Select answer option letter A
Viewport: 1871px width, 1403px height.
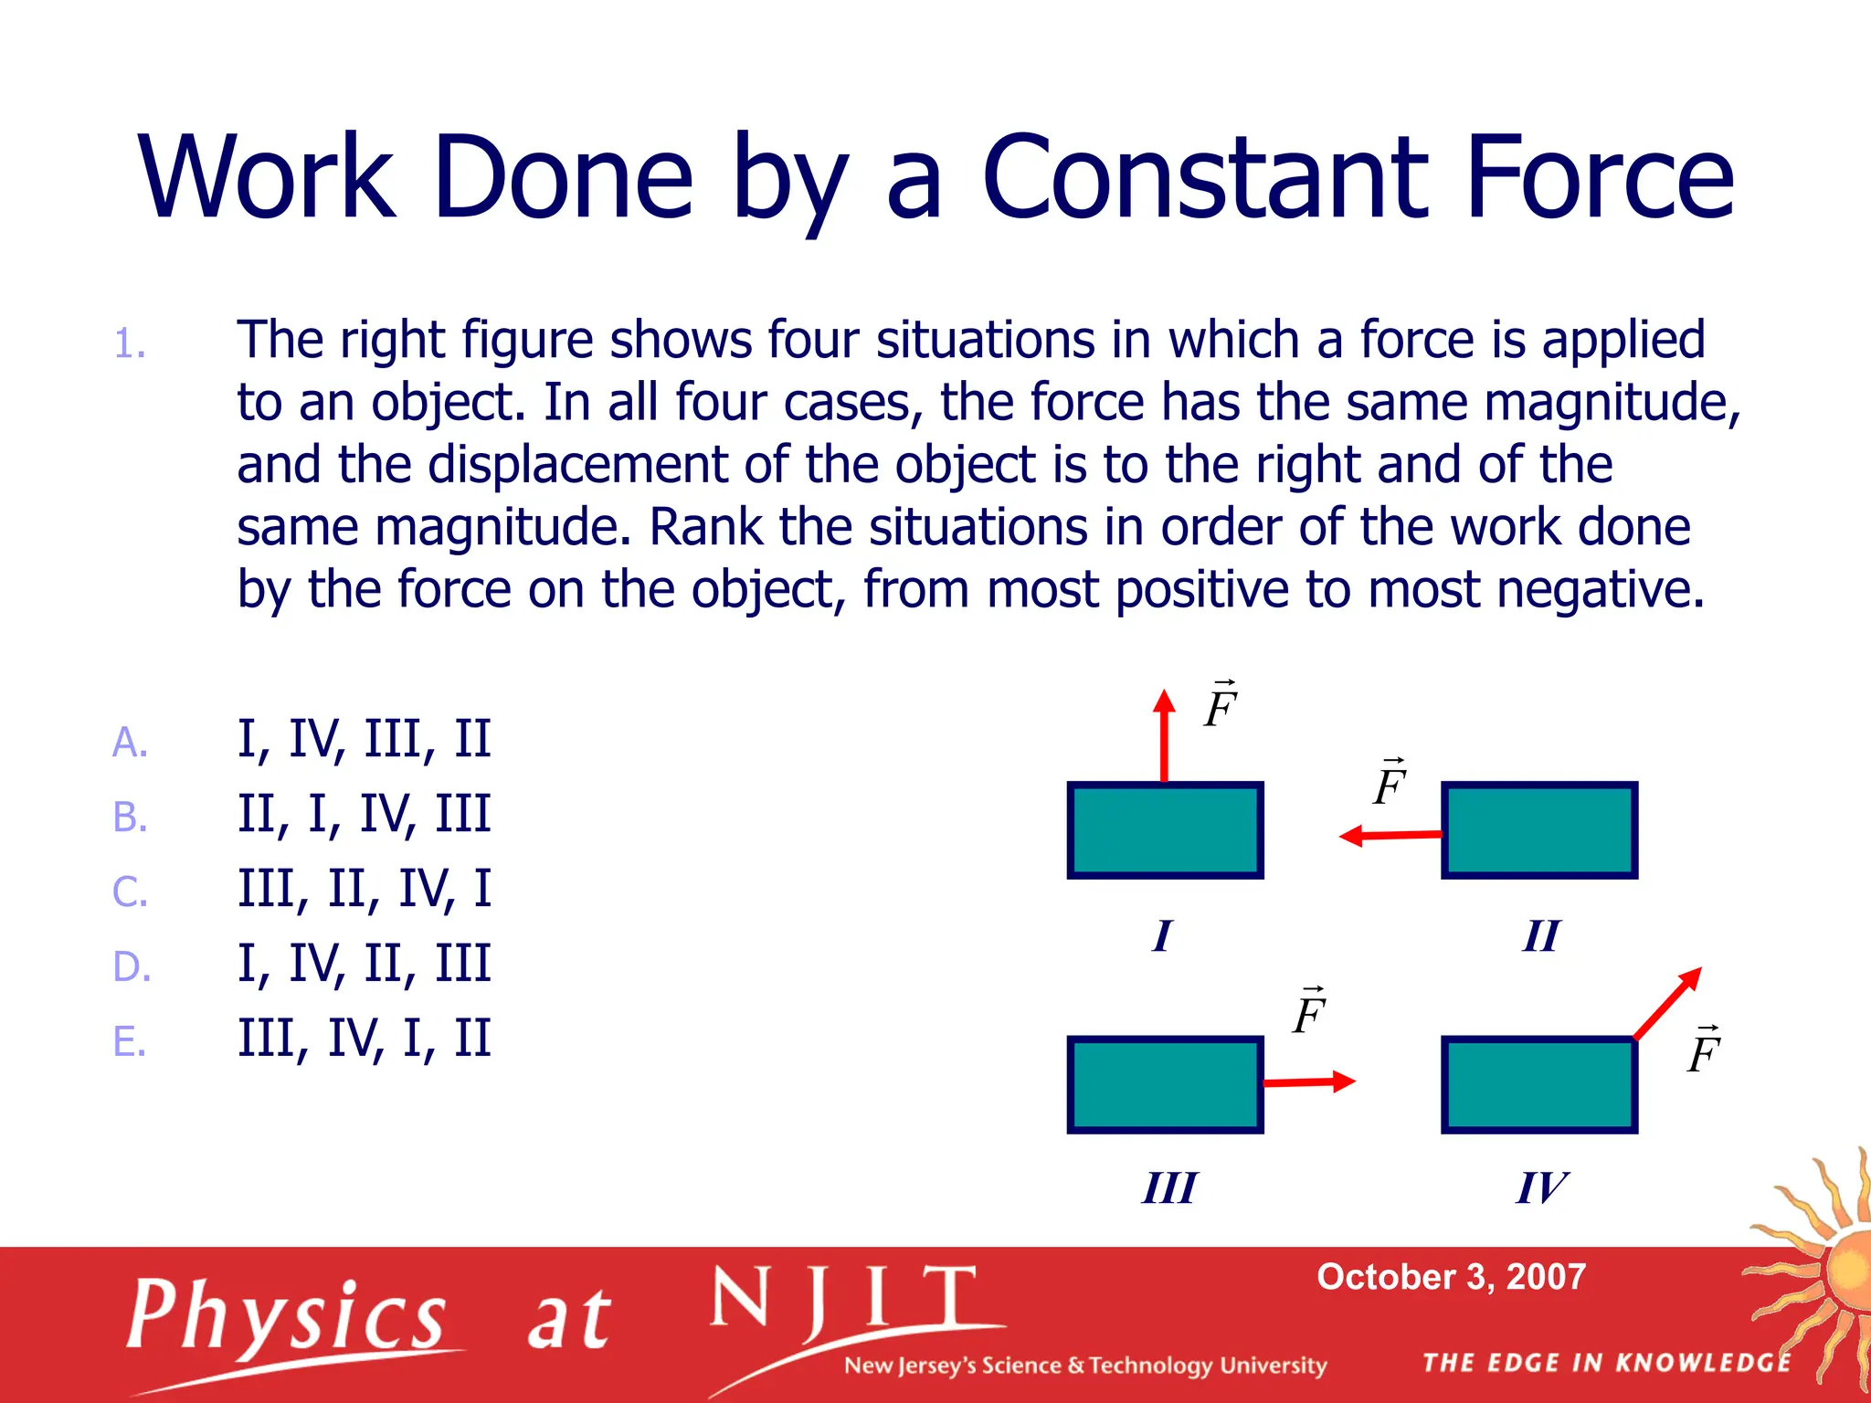pos(130,742)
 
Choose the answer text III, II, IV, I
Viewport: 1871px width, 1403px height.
pos(364,889)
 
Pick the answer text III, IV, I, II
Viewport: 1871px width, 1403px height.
pos(364,1039)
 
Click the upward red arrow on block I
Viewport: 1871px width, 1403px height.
pos(1164,736)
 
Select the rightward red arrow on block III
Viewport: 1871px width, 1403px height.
pos(1308,1082)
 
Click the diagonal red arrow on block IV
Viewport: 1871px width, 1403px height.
pos(1668,1003)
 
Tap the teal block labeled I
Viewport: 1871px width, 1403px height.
pos(1165,830)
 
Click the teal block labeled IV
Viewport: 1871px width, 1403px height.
pos(1539,1085)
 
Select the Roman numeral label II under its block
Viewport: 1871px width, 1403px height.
pos(1541,936)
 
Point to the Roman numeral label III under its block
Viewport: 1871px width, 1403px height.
pos(1168,1188)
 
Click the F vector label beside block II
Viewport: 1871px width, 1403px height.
pos(1390,783)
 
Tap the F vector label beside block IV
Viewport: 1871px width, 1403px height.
pos(1704,1050)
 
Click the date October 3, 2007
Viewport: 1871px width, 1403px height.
pos(1451,1277)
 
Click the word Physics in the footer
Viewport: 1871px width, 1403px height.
pos(287,1316)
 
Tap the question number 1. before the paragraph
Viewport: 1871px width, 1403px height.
pos(130,345)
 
